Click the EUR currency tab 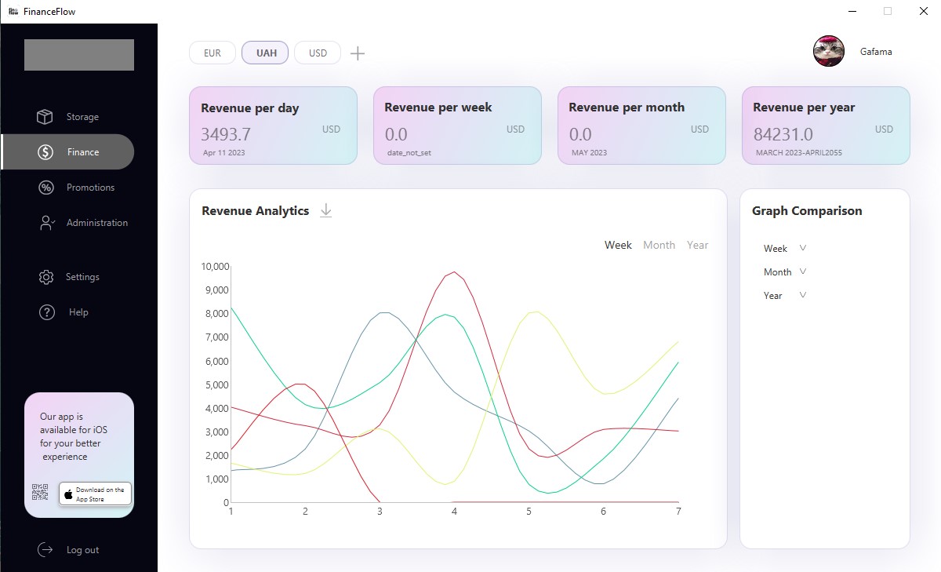tap(212, 53)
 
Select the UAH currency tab tap(266, 53)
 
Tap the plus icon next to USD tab tap(358, 53)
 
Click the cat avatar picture tap(829, 52)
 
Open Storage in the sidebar tap(82, 117)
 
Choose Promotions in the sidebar tap(90, 188)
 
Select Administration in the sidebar tap(96, 223)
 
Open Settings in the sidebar tap(82, 277)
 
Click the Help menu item tap(78, 312)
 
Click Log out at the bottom tap(82, 550)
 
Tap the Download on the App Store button tap(95, 494)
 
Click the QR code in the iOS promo tap(40, 493)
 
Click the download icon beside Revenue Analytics tap(326, 210)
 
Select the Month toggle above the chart tap(659, 245)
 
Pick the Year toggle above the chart tap(697, 245)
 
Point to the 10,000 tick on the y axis tap(214, 267)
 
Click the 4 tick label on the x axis tap(454, 512)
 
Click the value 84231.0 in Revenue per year tap(783, 134)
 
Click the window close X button tap(923, 11)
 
